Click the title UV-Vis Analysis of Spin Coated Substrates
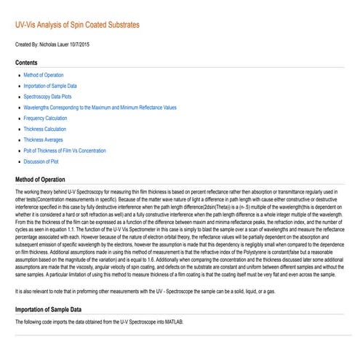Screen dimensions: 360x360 (77, 25)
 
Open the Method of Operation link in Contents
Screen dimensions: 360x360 (44, 75)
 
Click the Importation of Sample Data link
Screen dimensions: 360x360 (50, 86)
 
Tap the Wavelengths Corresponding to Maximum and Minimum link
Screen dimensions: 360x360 (100, 107)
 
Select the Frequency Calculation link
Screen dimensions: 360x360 (45, 118)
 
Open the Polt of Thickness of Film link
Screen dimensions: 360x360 (65, 150)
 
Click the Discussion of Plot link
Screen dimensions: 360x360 (41, 161)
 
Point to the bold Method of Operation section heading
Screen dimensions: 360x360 (45, 177)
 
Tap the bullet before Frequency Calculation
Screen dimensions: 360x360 (18, 118)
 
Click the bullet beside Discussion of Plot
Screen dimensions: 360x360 (18, 161)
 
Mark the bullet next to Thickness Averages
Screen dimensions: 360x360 (18, 139)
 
